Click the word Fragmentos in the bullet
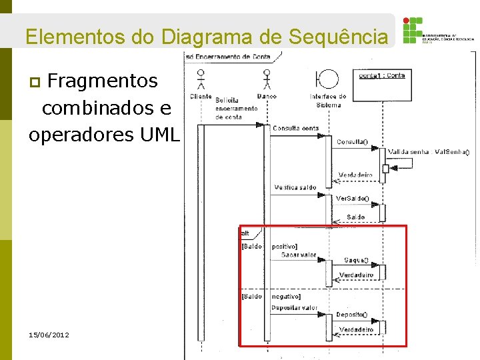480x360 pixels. point(103,81)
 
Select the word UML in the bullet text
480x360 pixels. point(161,135)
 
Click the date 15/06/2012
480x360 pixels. point(49,335)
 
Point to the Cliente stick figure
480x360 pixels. point(200,81)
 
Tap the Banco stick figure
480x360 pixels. point(267,79)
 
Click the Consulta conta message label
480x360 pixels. point(296,128)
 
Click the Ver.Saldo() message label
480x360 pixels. point(351,199)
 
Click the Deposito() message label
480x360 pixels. point(351,314)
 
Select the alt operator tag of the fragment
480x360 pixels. point(245,233)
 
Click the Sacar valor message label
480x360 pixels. point(298,255)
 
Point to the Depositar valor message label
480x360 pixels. point(294,308)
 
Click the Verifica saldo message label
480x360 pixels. point(295,187)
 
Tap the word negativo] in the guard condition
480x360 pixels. point(286,297)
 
